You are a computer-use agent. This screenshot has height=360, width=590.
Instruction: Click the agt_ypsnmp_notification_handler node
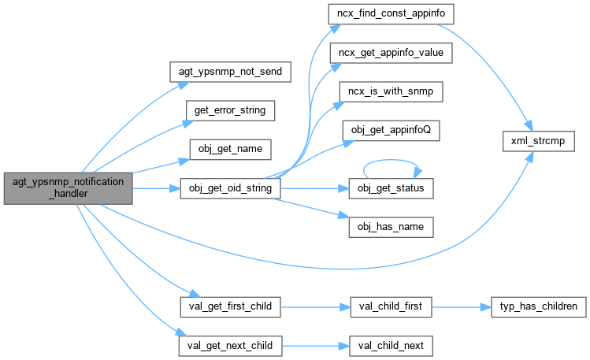coord(69,188)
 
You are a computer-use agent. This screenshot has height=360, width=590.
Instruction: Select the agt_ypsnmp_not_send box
coord(231,71)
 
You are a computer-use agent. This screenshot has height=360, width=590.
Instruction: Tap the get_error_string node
coord(231,109)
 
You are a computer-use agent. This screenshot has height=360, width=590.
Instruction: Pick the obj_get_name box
coord(231,148)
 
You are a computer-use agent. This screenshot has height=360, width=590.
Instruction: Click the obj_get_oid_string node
coord(231,188)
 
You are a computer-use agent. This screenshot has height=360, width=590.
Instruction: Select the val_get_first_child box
coord(231,306)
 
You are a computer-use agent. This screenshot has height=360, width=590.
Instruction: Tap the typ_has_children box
coord(536,306)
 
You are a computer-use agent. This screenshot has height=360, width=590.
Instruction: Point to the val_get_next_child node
coord(231,345)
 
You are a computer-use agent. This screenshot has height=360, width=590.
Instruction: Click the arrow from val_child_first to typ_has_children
coord(461,306)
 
